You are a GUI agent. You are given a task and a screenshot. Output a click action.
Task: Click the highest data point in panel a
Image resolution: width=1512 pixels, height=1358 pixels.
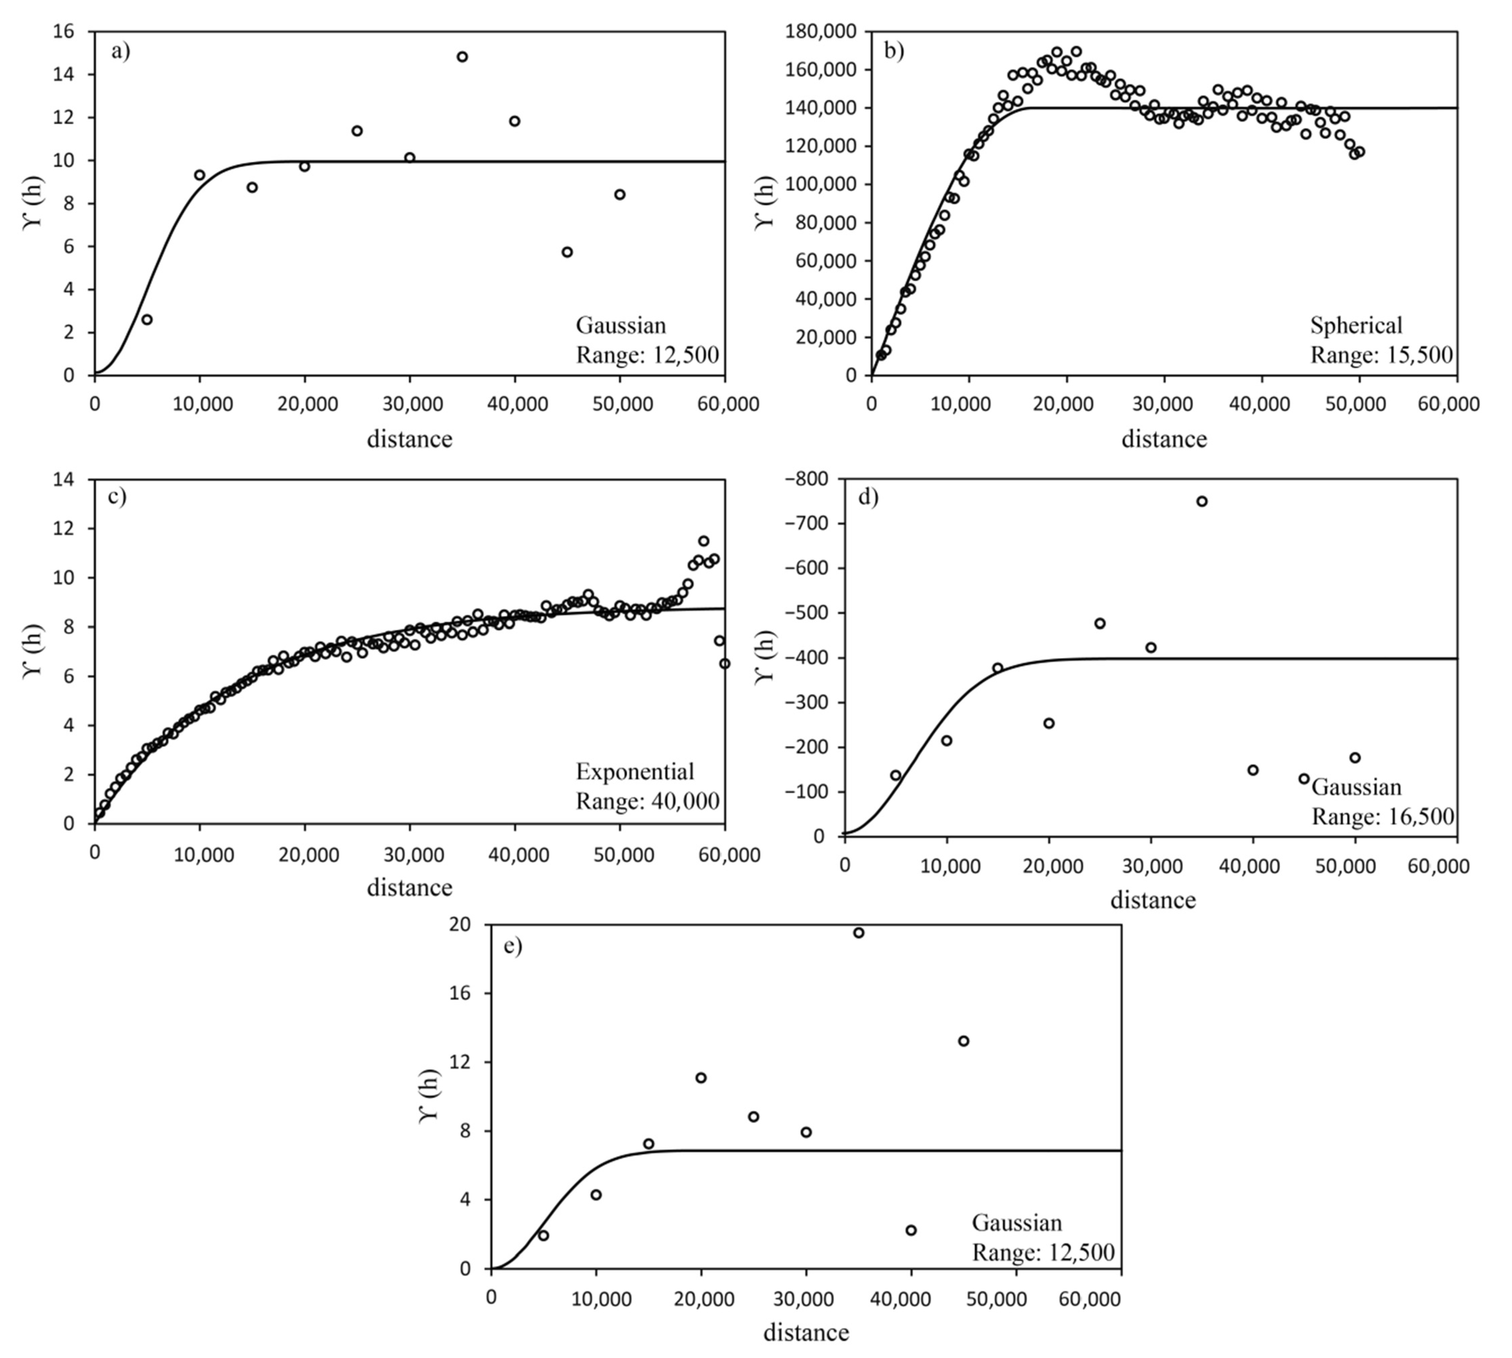tap(462, 57)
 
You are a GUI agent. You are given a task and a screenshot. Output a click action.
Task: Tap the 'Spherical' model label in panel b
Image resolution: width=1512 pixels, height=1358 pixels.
tap(1355, 325)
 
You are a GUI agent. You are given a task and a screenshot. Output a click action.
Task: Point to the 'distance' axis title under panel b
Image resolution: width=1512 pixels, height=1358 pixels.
tap(1164, 439)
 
